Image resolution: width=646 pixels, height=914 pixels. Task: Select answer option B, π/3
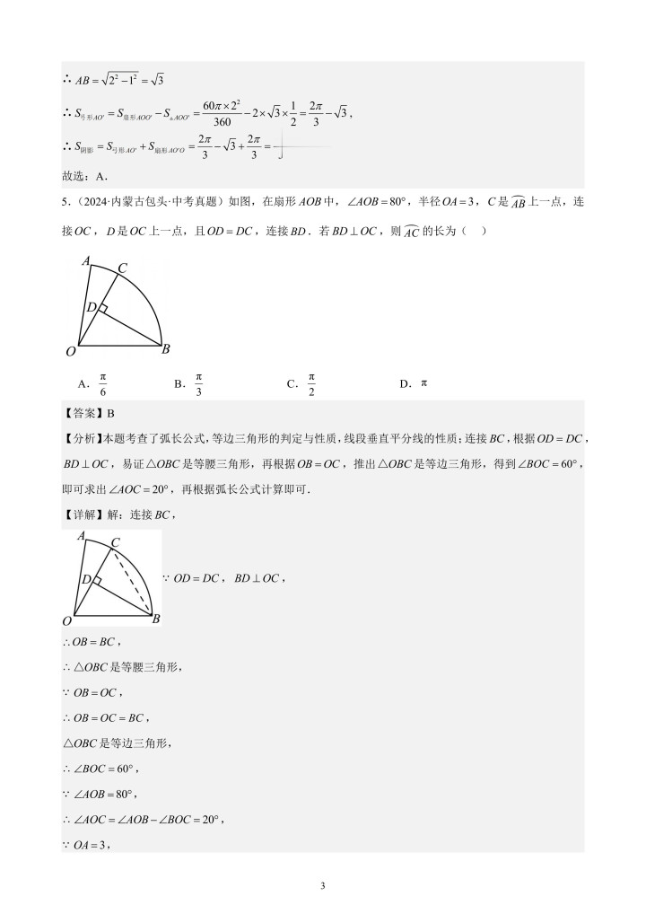coord(198,384)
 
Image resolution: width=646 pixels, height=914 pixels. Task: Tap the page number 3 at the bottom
coord(322,887)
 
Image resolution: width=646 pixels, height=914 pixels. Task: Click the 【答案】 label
coord(83,413)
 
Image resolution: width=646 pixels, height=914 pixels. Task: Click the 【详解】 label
coord(83,514)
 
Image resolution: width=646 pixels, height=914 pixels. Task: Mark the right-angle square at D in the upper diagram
coord(101,310)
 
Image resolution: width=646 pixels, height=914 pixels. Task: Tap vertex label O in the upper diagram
coord(69,350)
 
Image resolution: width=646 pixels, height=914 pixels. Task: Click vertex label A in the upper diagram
coord(85,261)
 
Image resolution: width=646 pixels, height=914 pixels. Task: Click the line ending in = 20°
coord(144,819)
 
